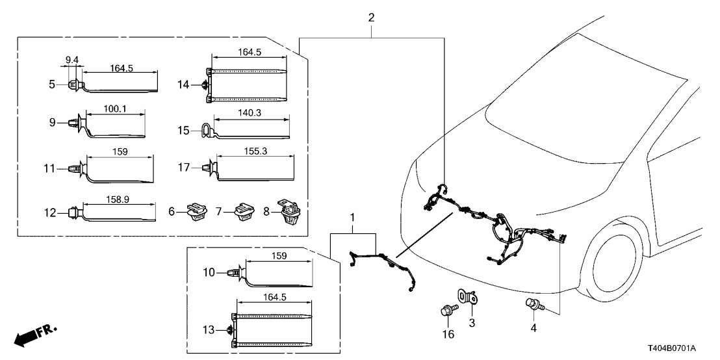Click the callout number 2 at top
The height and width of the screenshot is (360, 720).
pyautogui.click(x=371, y=18)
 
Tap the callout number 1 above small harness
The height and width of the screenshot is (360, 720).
pyautogui.click(x=353, y=214)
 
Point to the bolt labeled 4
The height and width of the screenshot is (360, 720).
pyautogui.click(x=531, y=303)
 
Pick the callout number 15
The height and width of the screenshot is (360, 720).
pyautogui.click(x=184, y=130)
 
